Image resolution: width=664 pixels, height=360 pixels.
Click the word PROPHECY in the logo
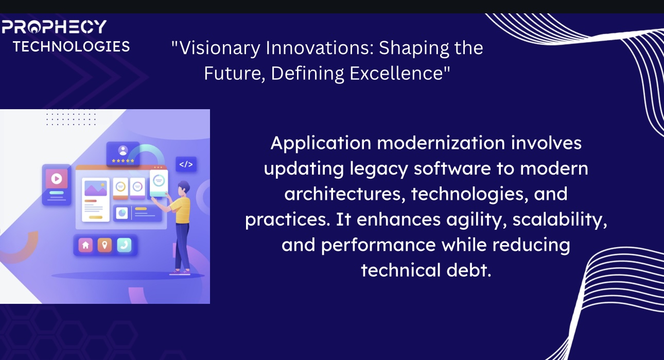coord(54,26)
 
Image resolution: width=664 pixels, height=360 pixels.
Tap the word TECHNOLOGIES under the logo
coord(72,46)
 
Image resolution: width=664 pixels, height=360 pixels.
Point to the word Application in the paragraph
coord(321,144)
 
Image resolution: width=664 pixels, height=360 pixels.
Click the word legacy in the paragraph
coord(379,169)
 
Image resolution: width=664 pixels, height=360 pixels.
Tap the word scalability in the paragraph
coord(560,220)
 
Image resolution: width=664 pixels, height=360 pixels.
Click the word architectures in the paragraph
coord(345,194)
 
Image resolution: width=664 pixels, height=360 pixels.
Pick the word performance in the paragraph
coord(378,246)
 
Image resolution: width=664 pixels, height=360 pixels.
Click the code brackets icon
coord(186,164)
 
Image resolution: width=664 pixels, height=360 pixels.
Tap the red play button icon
coord(57,179)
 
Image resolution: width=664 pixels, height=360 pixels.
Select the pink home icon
coord(85,245)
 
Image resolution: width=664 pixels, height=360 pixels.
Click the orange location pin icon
coord(104,245)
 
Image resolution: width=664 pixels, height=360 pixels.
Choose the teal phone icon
coord(124,245)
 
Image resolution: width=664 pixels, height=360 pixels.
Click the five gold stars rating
coord(123,161)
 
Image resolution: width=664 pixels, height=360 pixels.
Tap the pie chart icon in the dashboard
coord(121,213)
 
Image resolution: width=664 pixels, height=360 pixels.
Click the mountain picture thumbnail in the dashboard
coord(95,188)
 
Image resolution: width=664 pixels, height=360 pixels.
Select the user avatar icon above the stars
coord(123,150)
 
